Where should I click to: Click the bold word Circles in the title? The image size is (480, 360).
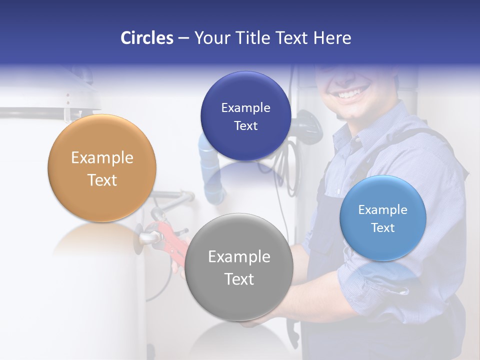146,38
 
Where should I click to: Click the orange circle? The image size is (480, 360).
102,168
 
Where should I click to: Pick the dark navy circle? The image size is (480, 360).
245,116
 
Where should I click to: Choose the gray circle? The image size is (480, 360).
239,267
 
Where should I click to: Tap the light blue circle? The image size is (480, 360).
383,218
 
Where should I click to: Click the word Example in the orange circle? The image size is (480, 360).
102,158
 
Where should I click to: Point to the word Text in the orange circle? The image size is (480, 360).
102,180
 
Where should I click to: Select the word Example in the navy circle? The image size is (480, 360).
245,108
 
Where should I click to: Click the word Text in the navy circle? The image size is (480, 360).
245,126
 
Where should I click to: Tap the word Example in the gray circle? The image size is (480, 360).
239,257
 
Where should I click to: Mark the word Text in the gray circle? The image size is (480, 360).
239,279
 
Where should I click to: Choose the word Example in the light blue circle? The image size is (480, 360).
383,210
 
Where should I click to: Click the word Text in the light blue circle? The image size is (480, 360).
383,228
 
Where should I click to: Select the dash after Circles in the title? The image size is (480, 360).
183,38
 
